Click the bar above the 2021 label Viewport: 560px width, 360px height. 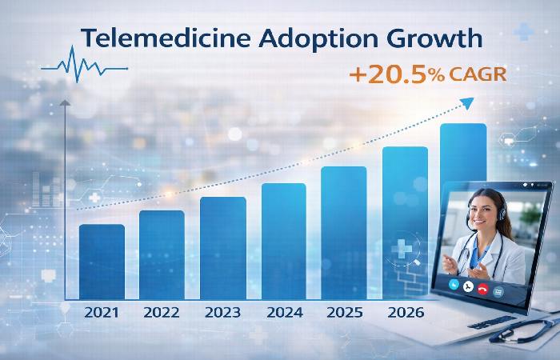pos(102,260)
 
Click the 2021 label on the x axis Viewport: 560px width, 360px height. pos(102,311)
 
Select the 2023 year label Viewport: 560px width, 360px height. pos(222,311)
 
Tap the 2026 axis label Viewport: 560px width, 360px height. pos(405,311)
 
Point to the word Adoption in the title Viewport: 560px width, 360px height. pos(317,38)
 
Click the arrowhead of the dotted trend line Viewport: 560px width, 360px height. pos(469,101)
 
